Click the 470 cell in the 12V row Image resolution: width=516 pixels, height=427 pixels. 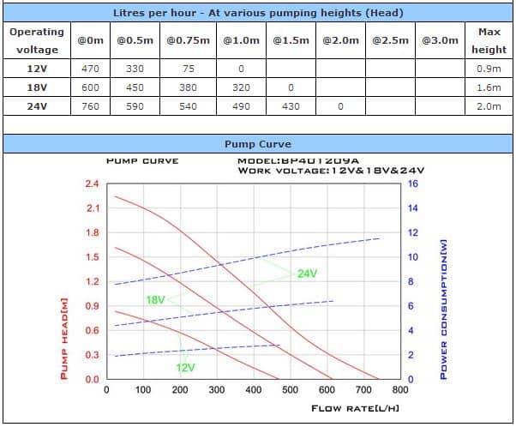[90, 69]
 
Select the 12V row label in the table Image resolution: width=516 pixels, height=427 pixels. [37, 69]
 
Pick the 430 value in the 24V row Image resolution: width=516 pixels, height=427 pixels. [291, 106]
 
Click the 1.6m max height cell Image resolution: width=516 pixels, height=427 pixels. [489, 87]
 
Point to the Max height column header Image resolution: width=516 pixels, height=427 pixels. [489, 40]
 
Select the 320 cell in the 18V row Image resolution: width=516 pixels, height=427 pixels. [241, 87]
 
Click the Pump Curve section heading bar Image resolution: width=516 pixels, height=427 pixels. [257, 144]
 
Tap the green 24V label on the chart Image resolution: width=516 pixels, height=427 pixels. [307, 274]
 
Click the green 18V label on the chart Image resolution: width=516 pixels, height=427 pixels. [155, 300]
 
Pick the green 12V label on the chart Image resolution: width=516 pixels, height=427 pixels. [186, 367]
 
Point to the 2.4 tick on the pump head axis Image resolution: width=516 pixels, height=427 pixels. [92, 184]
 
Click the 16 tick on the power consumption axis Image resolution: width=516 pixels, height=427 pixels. [412, 184]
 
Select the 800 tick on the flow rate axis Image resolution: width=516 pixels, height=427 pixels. [399, 390]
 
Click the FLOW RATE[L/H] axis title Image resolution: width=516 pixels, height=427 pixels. [355, 408]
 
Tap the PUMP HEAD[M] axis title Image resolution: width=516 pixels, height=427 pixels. [63, 338]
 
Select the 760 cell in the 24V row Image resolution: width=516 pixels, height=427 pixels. [90, 106]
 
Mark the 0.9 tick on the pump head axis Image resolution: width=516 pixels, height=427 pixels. [92, 306]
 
